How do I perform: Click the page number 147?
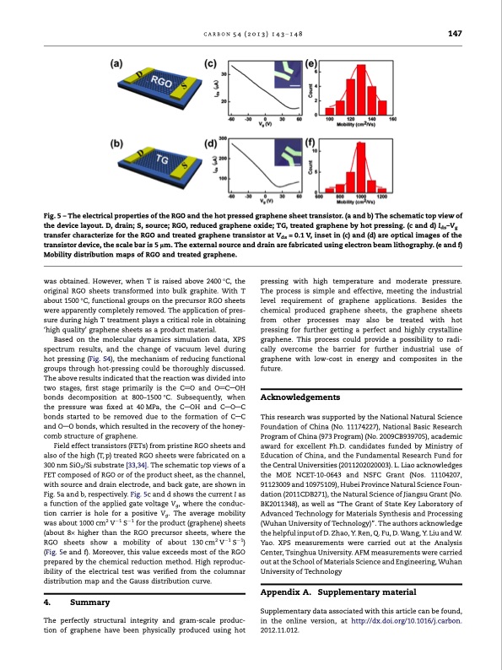point(455,33)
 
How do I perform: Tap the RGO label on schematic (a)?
point(161,81)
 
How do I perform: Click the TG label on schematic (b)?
point(162,159)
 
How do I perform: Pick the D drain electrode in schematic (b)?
point(140,154)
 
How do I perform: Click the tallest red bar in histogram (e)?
point(361,89)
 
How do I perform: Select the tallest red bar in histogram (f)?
point(361,167)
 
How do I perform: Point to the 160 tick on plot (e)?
point(392,119)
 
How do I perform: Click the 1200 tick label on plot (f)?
point(382,197)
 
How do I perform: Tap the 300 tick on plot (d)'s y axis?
point(223,138)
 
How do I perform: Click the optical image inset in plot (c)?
point(287,75)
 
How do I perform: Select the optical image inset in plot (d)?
point(287,153)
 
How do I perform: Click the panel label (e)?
point(310,64)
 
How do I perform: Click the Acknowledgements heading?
point(300,397)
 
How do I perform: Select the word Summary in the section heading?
point(89,602)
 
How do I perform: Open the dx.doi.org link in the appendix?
point(407,625)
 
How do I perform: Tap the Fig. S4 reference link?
point(99,359)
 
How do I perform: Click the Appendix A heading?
point(338,592)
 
